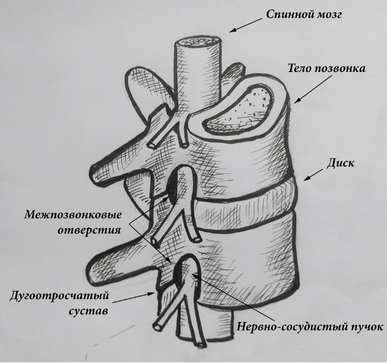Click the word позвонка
(340, 69)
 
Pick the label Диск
(341, 163)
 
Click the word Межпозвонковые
(73, 214)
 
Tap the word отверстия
(89, 231)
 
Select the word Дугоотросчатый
(59, 295)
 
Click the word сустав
(88, 311)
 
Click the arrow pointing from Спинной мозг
(246, 25)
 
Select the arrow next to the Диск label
(313, 175)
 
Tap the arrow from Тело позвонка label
(313, 89)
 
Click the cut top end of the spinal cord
(198, 42)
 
